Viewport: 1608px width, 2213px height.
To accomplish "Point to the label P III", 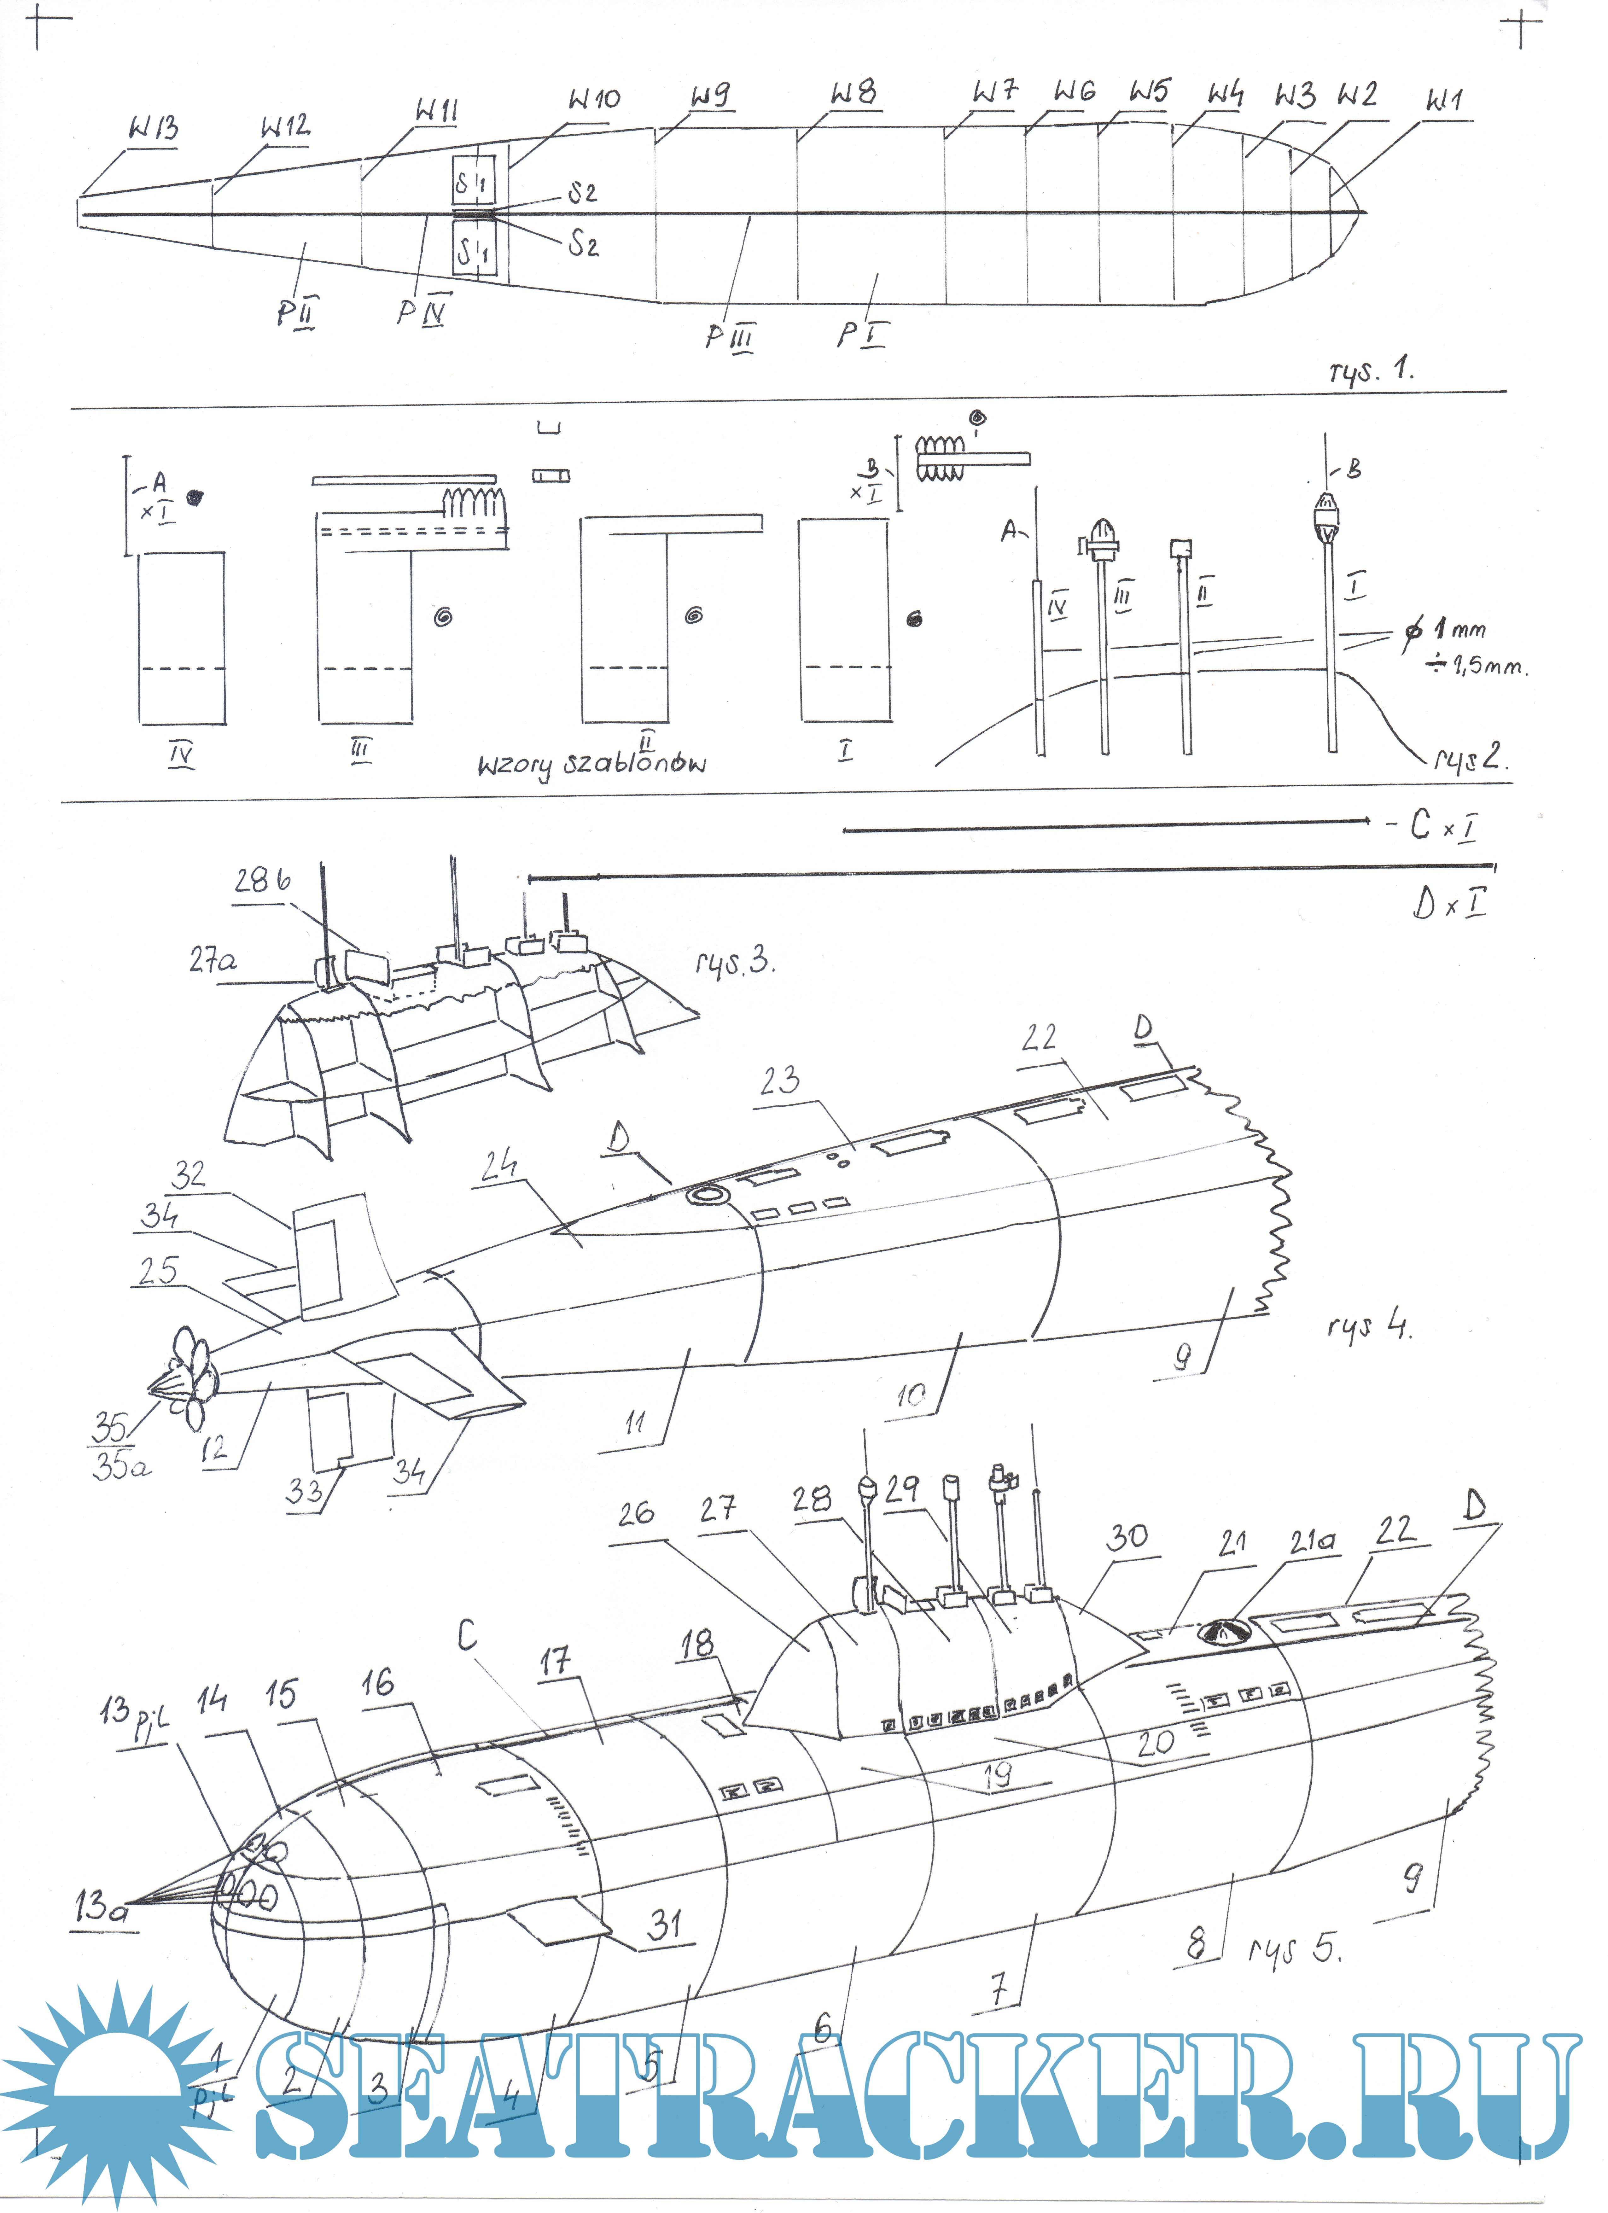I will (x=730, y=337).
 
